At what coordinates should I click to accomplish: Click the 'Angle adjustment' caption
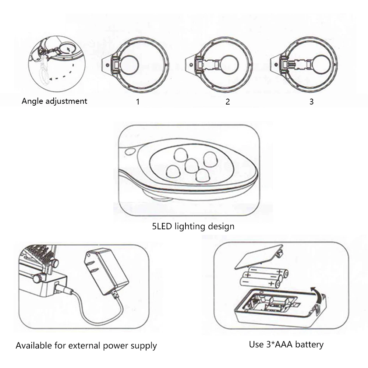pyautogui.click(x=54, y=101)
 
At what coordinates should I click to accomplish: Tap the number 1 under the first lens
pyautogui.click(x=138, y=102)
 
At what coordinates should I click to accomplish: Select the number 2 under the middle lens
pyautogui.click(x=228, y=102)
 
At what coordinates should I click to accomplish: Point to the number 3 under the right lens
pyautogui.click(x=311, y=102)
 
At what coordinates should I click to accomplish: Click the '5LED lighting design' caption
pyautogui.click(x=193, y=226)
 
